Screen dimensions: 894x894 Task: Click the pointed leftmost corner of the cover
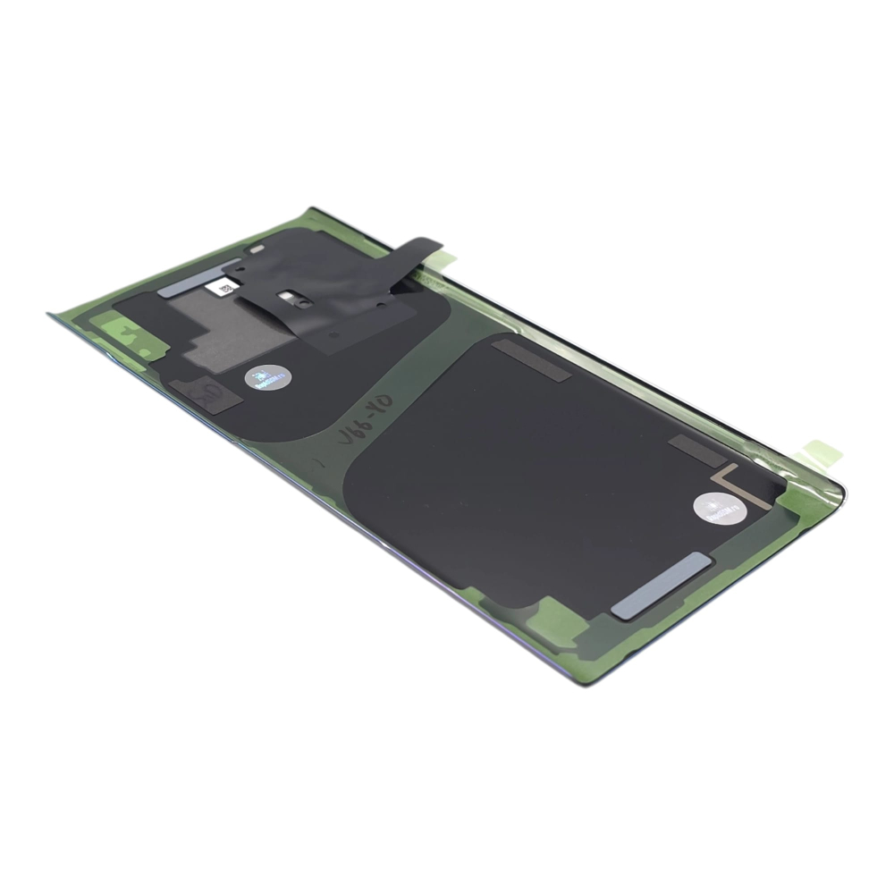50,314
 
